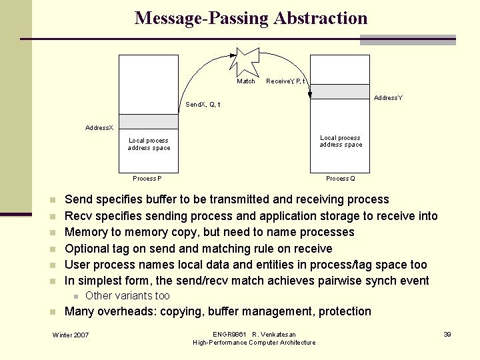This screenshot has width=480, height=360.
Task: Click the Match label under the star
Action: (246, 81)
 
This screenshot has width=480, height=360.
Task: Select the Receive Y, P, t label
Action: (286, 81)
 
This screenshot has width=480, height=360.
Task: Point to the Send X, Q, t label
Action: (203, 105)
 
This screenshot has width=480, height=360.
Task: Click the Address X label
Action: (99, 127)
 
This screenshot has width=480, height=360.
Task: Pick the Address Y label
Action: (388, 98)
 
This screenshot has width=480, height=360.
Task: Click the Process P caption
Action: (147, 179)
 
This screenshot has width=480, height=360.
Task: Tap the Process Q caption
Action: (340, 179)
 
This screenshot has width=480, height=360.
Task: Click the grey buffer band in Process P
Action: (149, 121)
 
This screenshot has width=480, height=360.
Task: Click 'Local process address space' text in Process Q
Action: (341, 141)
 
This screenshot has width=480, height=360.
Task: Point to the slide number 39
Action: (448, 334)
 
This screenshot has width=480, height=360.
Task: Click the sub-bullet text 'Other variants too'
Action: (128, 296)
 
